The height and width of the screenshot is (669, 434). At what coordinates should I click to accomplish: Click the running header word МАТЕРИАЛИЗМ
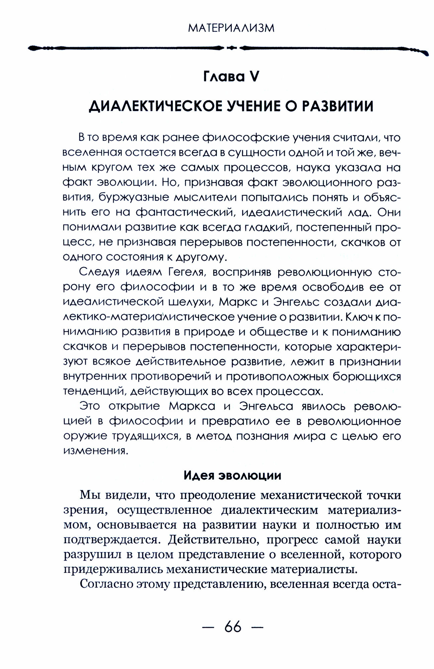click(x=231, y=28)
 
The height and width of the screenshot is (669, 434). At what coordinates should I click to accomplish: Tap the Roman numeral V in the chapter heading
click(x=253, y=77)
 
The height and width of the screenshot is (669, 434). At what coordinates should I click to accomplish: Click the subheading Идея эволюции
click(x=232, y=476)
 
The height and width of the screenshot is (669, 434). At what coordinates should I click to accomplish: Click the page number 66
click(x=233, y=627)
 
